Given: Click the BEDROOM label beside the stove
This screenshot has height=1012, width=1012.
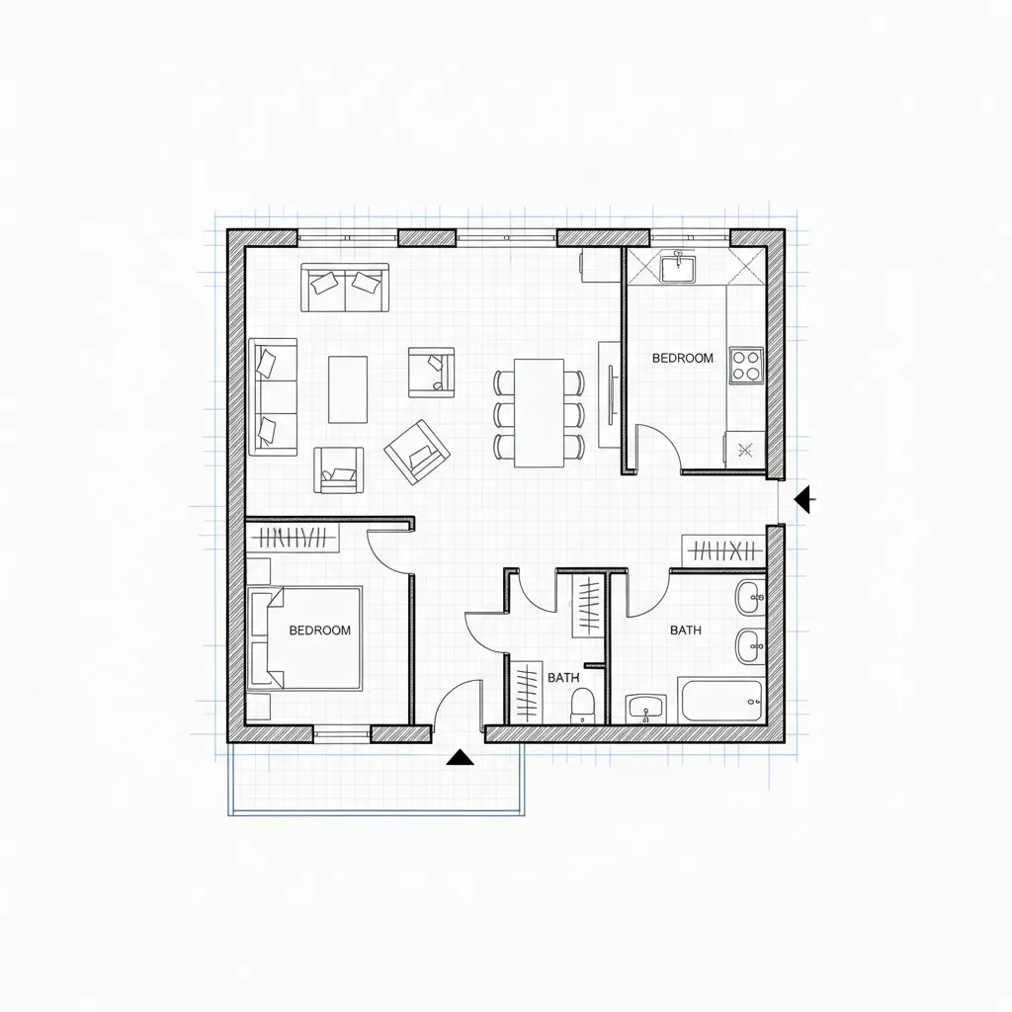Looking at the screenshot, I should coord(682,359).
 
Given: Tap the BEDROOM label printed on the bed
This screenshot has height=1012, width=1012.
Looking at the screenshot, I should coord(319,630).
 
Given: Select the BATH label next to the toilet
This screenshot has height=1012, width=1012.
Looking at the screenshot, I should coord(563,678).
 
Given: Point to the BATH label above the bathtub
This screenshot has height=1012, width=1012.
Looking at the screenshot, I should coord(686,630).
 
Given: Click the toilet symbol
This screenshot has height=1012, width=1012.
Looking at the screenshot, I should coord(583,705).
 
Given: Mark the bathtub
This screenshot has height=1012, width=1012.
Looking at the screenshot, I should coord(721,701).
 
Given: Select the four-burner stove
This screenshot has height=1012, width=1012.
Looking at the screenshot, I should coord(745,364).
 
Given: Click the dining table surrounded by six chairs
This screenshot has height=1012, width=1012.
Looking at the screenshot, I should coord(539,412).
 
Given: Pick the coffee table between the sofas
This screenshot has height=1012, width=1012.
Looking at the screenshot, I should coord(347,389).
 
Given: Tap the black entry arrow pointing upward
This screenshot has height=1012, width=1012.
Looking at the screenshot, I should coord(459,758).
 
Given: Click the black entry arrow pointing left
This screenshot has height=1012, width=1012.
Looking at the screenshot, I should coord(805,500).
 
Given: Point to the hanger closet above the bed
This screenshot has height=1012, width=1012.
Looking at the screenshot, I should coord(294,539).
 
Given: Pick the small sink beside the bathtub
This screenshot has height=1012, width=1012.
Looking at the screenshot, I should coord(647,709).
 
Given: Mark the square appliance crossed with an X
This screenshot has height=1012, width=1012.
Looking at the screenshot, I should coord(745,450).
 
